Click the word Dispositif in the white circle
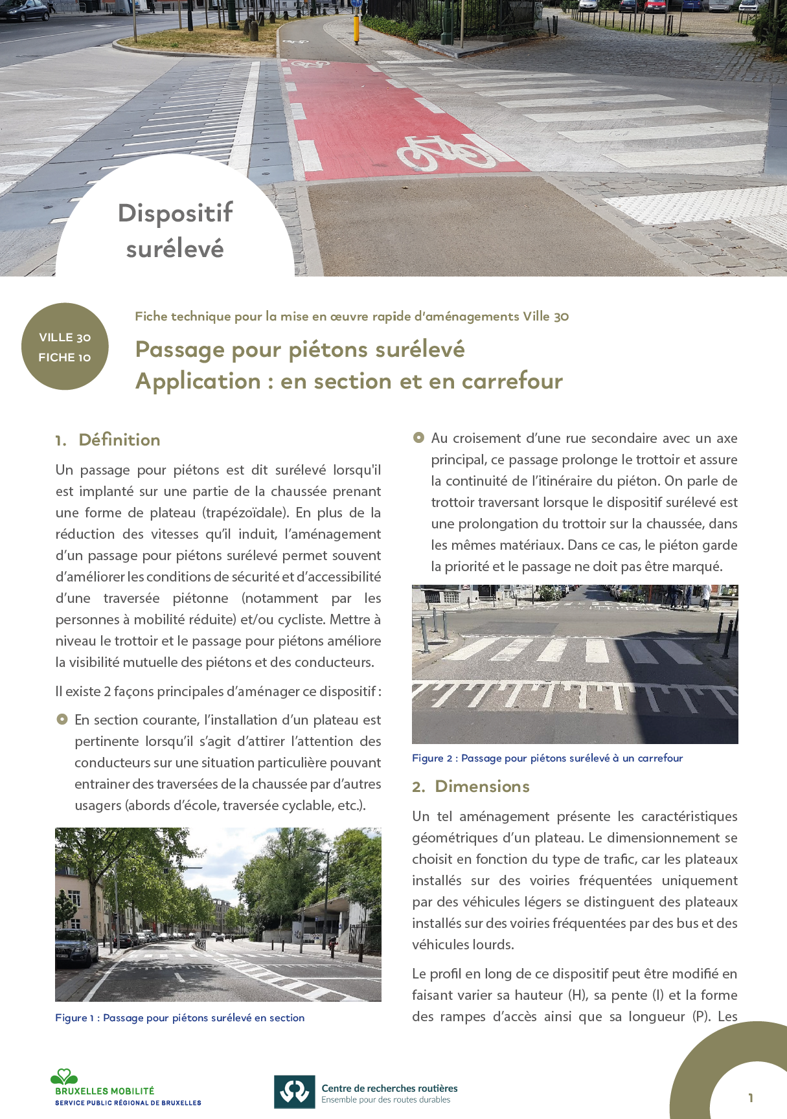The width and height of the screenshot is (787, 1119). pyautogui.click(x=175, y=213)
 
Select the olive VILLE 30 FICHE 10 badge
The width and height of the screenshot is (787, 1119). pyautogui.click(x=65, y=346)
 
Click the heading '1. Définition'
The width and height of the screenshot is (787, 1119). pyautogui.click(x=108, y=440)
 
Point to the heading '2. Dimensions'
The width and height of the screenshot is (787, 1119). pyautogui.click(x=471, y=786)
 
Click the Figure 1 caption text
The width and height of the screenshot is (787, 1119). pyautogui.click(x=180, y=1018)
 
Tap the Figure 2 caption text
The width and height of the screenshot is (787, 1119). pyautogui.click(x=547, y=758)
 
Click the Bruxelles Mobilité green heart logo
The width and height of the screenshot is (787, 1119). pyautogui.click(x=64, y=1076)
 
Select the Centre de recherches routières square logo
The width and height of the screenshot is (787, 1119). pyautogui.click(x=295, y=1092)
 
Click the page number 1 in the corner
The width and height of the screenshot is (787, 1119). pyautogui.click(x=751, y=1098)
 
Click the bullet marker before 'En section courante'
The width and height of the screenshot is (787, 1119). pyautogui.click(x=62, y=719)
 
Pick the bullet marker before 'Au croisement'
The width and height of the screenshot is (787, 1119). pyautogui.click(x=418, y=438)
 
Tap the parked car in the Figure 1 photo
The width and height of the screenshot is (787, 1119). pyautogui.click(x=76, y=946)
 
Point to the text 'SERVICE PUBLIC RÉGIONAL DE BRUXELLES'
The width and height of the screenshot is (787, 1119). pyautogui.click(x=128, y=1103)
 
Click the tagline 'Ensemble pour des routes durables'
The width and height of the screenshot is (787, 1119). pyautogui.click(x=386, y=1100)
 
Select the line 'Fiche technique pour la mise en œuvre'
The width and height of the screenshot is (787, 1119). pyautogui.click(x=352, y=316)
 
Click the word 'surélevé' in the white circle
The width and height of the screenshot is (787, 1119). pyautogui.click(x=175, y=249)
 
